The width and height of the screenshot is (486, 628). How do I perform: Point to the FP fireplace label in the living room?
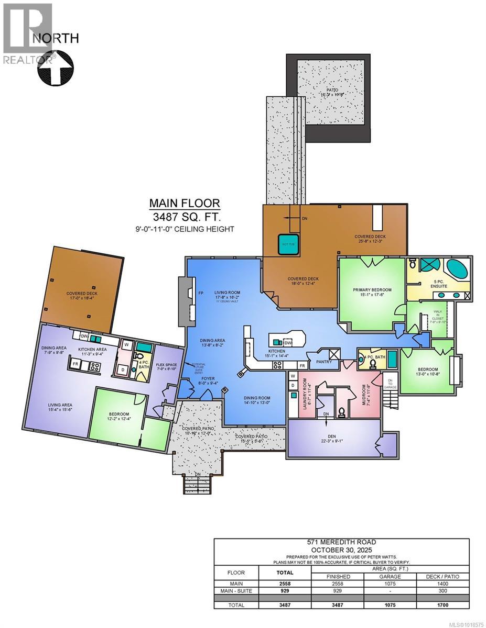(x=193, y=293)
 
